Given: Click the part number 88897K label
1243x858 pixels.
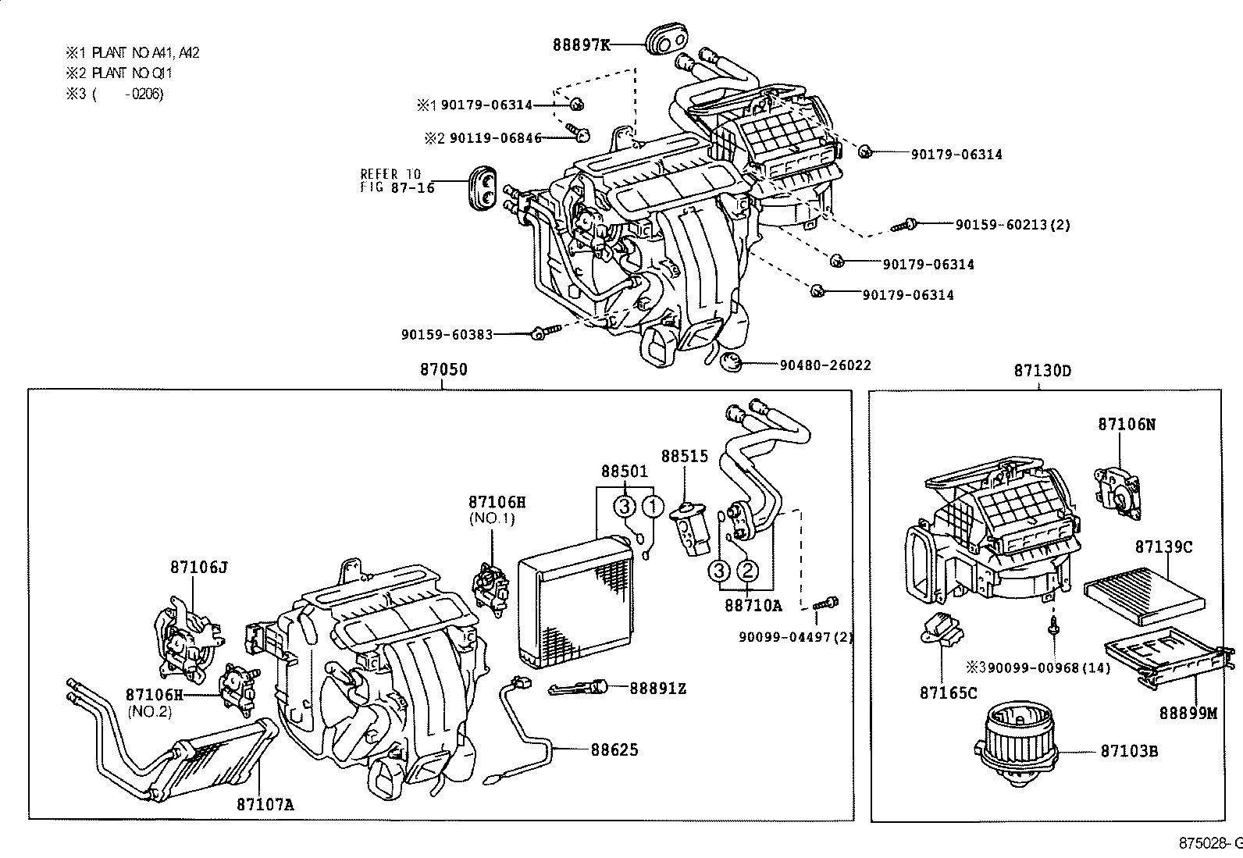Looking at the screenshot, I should coord(582,45).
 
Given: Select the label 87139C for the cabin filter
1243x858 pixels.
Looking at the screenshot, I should coord(1163,546).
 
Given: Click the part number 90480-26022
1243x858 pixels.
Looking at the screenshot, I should coord(825,365).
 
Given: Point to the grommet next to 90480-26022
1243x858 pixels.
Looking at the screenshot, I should coord(731,362).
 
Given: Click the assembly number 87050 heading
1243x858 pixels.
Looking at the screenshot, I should coord(443,369).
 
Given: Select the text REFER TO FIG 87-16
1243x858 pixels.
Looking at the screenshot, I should coord(397,181).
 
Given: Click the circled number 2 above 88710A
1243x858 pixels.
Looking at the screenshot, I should coord(747,571).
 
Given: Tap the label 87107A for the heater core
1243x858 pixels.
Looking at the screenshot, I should coord(265,803).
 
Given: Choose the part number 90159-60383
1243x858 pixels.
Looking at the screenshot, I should coord(447,334).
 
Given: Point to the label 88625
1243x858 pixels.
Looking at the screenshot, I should coord(614,749).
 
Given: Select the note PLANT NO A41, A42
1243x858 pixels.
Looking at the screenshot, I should coord(145,53).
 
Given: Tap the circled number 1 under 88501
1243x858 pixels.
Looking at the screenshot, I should coord(653,507).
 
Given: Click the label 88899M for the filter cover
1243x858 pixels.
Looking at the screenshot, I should coord(1188,713).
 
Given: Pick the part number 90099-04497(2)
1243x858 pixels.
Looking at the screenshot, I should coord(796,636).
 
